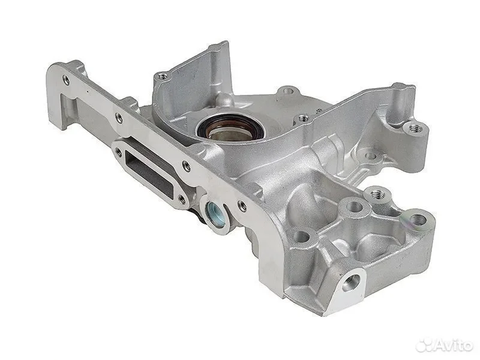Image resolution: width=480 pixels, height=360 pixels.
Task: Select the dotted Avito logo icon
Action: pyautogui.click(x=425, y=346)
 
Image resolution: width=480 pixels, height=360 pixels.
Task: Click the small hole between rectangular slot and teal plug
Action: pyautogui.click(x=182, y=200)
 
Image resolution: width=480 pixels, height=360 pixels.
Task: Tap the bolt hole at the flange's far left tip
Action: pyautogui.click(x=65, y=80)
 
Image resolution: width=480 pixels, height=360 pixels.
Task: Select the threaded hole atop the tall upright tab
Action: pyautogui.click(x=163, y=76)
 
